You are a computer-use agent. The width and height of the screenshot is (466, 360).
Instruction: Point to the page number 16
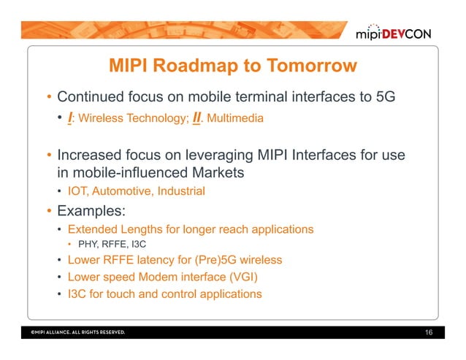click(x=429, y=333)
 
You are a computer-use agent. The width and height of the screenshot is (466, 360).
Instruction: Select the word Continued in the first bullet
click(x=91, y=97)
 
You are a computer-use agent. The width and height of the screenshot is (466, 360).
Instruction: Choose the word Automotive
click(x=122, y=192)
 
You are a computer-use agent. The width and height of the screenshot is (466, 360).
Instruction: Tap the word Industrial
click(x=179, y=192)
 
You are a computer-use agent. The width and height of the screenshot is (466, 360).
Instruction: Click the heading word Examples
click(x=91, y=211)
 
